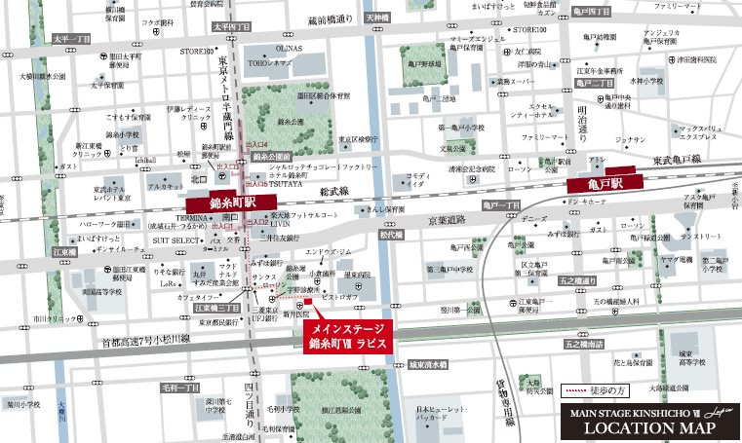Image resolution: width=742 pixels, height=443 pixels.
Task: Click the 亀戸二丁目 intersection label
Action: click(x=593, y=84)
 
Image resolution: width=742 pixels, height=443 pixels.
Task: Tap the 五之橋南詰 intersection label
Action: click(x=586, y=344)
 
